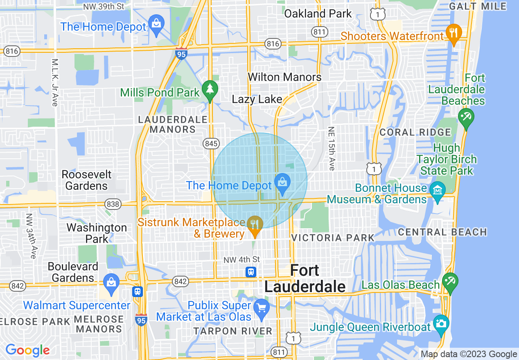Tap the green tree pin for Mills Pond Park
pyautogui.click(x=210, y=89)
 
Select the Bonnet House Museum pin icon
pyautogui.click(x=438, y=191)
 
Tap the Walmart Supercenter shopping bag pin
pyautogui.click(x=111, y=283)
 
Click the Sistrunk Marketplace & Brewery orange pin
pyautogui.click(x=255, y=225)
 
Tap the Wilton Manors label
pyautogui.click(x=285, y=77)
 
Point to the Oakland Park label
pyautogui.click(x=318, y=13)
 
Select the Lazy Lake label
pyautogui.click(x=257, y=99)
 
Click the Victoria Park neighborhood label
pyautogui.click(x=333, y=238)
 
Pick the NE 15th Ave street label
pyautogui.click(x=331, y=148)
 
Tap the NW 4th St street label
pyautogui.click(x=241, y=259)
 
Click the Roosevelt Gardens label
pyautogui.click(x=86, y=180)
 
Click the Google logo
pyautogui.click(x=27, y=350)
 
